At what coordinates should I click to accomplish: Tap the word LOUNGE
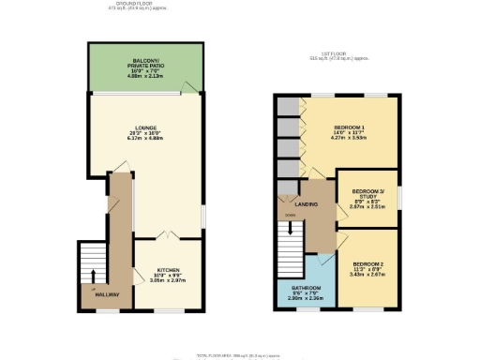point(144,128)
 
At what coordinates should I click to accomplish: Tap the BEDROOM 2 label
point(367,262)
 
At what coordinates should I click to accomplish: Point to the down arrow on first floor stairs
point(291,226)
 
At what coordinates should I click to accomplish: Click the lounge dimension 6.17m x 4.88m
point(144,142)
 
